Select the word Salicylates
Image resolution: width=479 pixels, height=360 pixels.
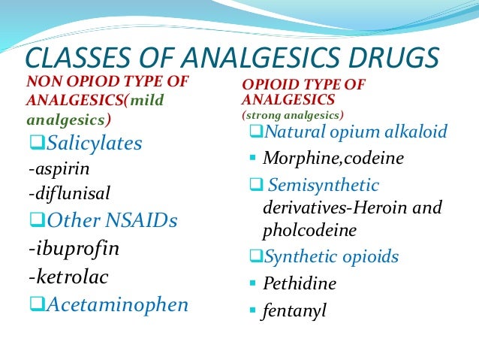click(x=95, y=143)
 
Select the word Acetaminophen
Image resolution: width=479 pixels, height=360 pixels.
click(x=116, y=304)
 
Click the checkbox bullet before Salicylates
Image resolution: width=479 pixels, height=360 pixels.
click(x=36, y=143)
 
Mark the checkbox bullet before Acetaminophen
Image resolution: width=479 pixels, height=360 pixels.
click(x=36, y=304)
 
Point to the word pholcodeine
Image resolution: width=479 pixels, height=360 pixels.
click(x=310, y=229)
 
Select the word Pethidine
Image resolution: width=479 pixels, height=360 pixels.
click(x=300, y=284)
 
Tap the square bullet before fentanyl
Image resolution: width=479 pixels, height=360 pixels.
click(x=253, y=310)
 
